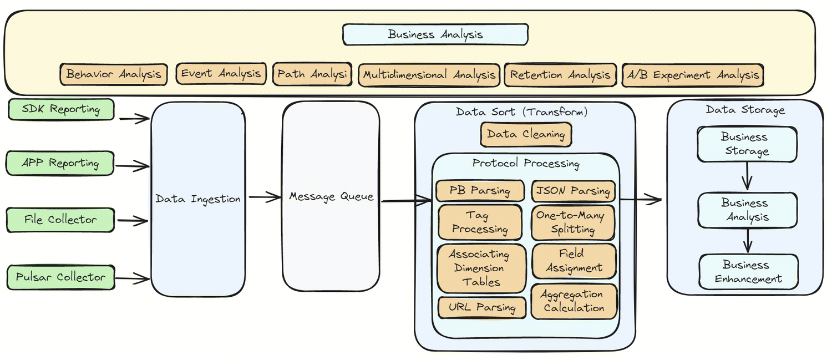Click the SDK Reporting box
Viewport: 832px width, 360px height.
click(x=61, y=109)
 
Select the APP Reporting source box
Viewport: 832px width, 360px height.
click(x=60, y=163)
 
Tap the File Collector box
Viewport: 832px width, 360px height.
click(x=60, y=220)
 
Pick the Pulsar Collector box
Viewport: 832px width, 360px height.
click(x=60, y=277)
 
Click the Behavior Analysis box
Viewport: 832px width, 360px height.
click(x=114, y=74)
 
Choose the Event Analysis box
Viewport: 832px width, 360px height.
click(x=221, y=73)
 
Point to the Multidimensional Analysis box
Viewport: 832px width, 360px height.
click(x=429, y=74)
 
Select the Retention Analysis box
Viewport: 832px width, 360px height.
click(x=560, y=74)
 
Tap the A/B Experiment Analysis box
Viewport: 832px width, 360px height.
click(x=692, y=74)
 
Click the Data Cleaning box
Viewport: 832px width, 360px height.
click(x=526, y=134)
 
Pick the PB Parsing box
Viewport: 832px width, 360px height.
click(x=480, y=190)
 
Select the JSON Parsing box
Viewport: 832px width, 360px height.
click(x=574, y=191)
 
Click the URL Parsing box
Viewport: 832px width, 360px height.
click(x=482, y=307)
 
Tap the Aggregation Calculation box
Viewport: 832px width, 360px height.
click(x=574, y=301)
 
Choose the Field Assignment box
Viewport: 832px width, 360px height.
click(x=574, y=261)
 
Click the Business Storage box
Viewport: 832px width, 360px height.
click(x=747, y=144)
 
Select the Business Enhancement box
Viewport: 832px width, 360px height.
click(x=748, y=272)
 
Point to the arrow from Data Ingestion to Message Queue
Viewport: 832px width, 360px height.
click(x=265, y=196)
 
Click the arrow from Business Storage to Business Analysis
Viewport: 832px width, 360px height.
click(x=747, y=176)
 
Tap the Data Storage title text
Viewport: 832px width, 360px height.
click(x=745, y=110)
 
